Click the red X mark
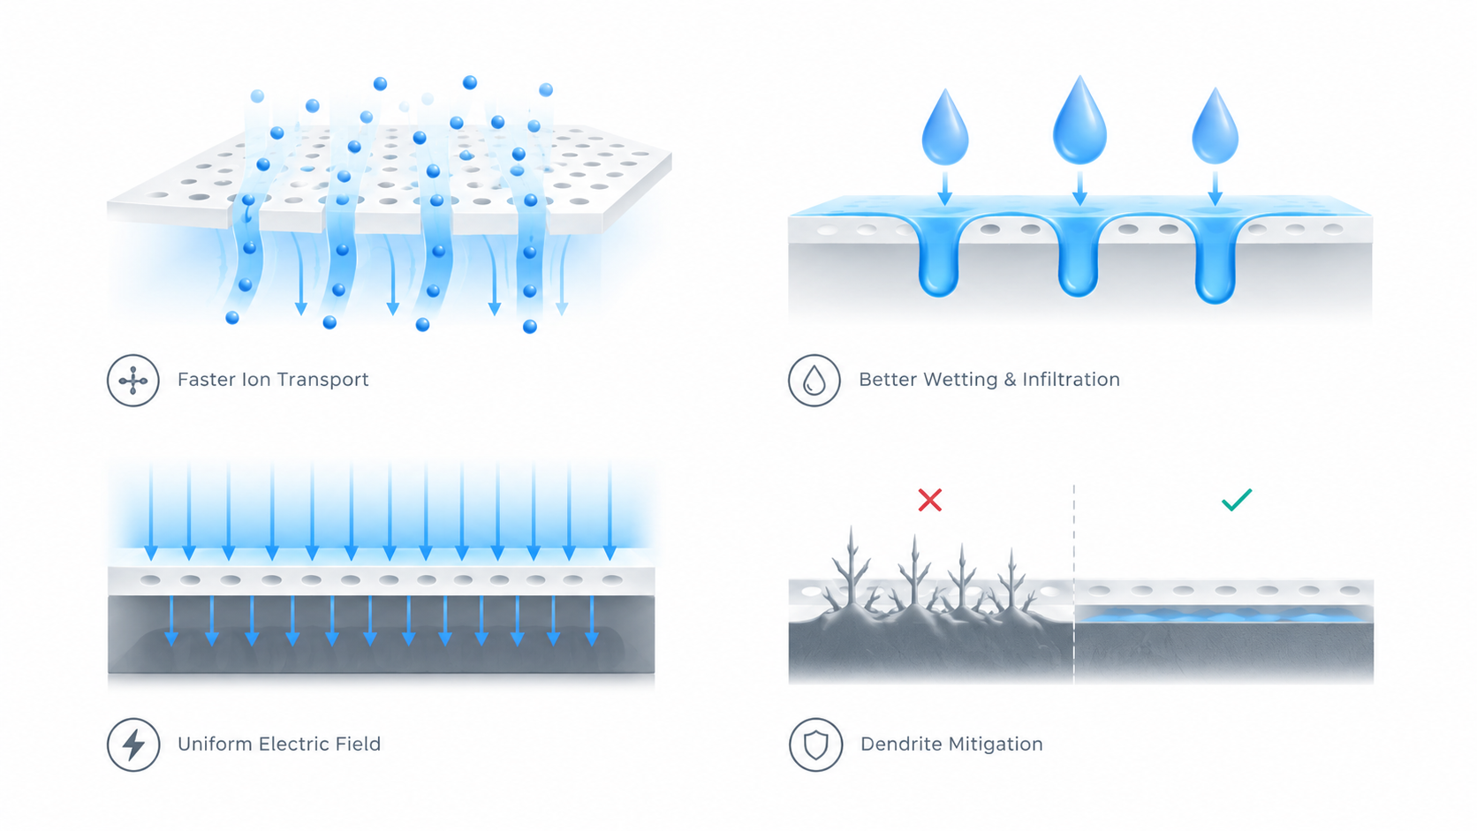[x=929, y=500]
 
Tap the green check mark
[x=1237, y=500]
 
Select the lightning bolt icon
[x=133, y=744]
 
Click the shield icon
[x=815, y=744]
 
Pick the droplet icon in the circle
[x=814, y=381]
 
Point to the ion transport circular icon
[x=133, y=381]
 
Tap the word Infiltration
[x=1071, y=380]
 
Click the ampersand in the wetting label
[x=1010, y=380]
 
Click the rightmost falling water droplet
[x=1216, y=126]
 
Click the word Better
[x=888, y=380]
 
